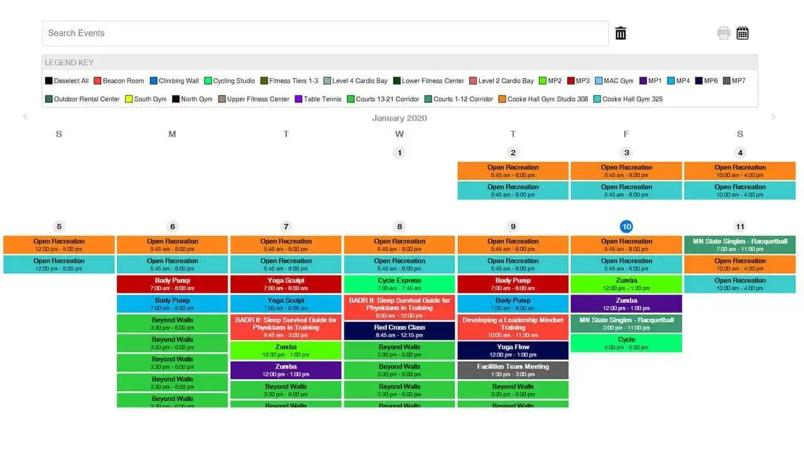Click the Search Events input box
pyautogui.click(x=325, y=33)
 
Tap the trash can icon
pyautogui.click(x=621, y=33)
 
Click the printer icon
pyautogui.click(x=724, y=33)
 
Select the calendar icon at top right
pyautogui.click(x=742, y=33)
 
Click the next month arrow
pyautogui.click(x=773, y=117)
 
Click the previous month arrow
pyautogui.click(x=25, y=117)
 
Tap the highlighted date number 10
pyautogui.click(x=626, y=227)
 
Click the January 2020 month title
pyautogui.click(x=399, y=118)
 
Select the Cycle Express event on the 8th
pyautogui.click(x=399, y=284)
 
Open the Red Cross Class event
pyautogui.click(x=399, y=331)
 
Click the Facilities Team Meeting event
pyautogui.click(x=513, y=370)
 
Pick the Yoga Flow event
pyautogui.click(x=513, y=350)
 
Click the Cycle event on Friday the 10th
pyautogui.click(x=626, y=343)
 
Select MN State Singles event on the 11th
pyautogui.click(x=740, y=245)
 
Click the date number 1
pyautogui.click(x=399, y=153)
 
